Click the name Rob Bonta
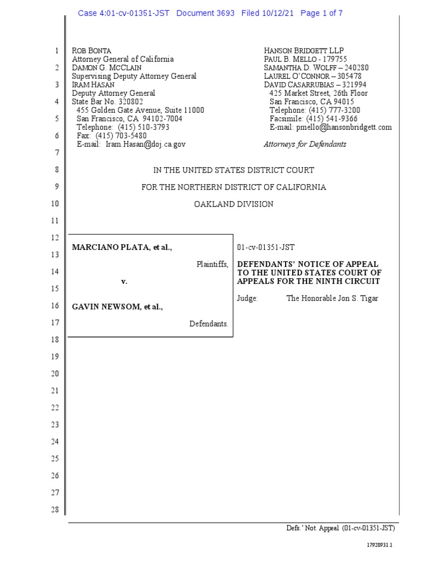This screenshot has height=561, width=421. click(92, 51)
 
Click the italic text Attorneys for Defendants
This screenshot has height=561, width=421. click(305, 144)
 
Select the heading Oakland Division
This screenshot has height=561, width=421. click(234, 204)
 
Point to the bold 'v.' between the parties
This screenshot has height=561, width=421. click(124, 282)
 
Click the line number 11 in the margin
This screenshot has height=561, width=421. click(55, 221)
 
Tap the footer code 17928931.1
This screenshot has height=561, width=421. click(380, 546)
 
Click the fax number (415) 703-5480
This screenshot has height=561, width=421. click(121, 135)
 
